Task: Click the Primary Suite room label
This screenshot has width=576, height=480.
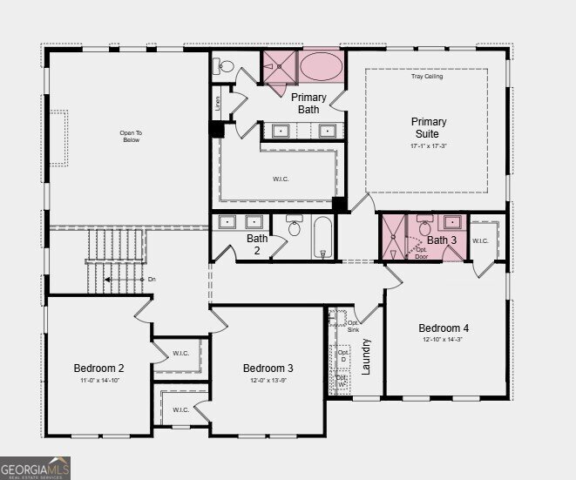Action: tap(428, 128)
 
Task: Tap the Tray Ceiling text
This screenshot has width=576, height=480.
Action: tap(427, 77)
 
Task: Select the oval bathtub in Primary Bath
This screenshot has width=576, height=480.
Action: tap(322, 66)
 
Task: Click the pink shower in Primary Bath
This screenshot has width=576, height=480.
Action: tap(280, 66)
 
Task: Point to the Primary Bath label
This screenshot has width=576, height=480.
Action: tap(308, 104)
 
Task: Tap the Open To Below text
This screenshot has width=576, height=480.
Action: tap(131, 137)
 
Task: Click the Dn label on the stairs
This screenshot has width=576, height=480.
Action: tap(152, 280)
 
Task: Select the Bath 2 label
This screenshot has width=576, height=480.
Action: tap(257, 244)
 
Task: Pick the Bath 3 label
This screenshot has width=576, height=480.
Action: tap(442, 240)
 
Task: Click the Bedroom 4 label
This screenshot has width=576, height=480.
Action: tap(444, 328)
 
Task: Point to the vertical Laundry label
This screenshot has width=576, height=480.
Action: tap(367, 356)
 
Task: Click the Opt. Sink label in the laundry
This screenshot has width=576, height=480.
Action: tap(353, 327)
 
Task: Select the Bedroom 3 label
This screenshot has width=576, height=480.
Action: tap(268, 368)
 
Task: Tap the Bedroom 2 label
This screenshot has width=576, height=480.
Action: tap(98, 368)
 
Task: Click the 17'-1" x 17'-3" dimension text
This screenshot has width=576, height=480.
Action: tap(428, 146)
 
